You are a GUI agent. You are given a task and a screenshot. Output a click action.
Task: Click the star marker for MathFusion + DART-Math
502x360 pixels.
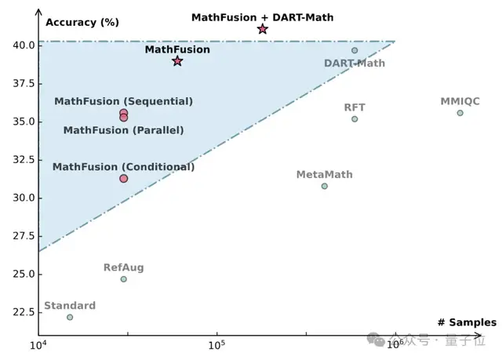263,29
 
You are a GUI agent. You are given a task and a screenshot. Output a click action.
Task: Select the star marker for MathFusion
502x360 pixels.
177,60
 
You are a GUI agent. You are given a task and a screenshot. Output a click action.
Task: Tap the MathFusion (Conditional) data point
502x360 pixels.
123,179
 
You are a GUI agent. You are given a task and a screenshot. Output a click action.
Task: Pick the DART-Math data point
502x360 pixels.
355,50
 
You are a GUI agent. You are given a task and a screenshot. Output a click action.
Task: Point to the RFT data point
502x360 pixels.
355,119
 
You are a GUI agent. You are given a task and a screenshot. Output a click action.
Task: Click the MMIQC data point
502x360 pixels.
460,113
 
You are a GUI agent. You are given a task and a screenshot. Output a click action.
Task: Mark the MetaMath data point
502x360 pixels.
324,186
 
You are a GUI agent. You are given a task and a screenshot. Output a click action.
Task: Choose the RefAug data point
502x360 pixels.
123,279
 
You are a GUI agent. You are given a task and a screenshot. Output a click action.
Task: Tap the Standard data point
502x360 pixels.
70,317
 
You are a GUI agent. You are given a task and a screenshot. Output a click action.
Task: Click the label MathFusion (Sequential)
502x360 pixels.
123,101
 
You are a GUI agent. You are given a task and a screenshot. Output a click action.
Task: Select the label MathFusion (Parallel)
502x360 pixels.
123,130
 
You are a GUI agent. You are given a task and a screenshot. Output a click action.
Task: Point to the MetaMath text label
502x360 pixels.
324,174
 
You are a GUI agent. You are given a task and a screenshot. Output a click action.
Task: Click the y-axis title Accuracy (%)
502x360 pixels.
82,22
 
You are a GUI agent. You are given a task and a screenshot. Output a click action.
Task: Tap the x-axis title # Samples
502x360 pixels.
467,322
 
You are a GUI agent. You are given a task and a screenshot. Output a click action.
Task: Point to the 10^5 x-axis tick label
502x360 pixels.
216,344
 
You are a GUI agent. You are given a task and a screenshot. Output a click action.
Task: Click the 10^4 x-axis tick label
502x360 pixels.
38,344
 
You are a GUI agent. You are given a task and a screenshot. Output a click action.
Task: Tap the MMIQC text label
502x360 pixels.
460,101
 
